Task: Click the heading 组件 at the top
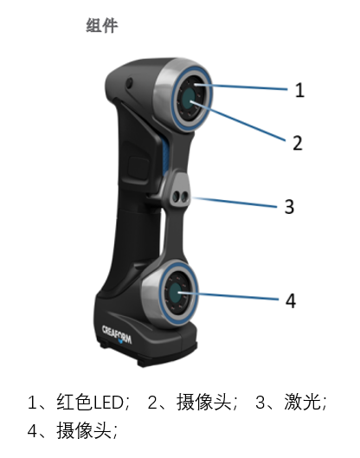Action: (102, 25)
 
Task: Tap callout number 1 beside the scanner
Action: (299, 90)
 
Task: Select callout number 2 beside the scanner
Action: (298, 143)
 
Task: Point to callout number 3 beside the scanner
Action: (289, 207)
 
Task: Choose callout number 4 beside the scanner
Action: (291, 300)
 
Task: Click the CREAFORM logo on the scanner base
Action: (117, 334)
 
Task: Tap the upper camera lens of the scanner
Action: (189, 98)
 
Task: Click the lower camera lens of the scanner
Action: (175, 292)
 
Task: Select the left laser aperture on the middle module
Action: (176, 197)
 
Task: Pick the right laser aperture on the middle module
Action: (184, 197)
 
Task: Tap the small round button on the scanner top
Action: (129, 83)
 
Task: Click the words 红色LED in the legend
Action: (90, 403)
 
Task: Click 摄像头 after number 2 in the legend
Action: (203, 402)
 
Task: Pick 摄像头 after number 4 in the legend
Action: (84, 430)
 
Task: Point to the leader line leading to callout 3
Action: (235, 203)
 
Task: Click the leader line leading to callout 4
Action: (228, 295)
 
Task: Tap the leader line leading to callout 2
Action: (238, 121)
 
